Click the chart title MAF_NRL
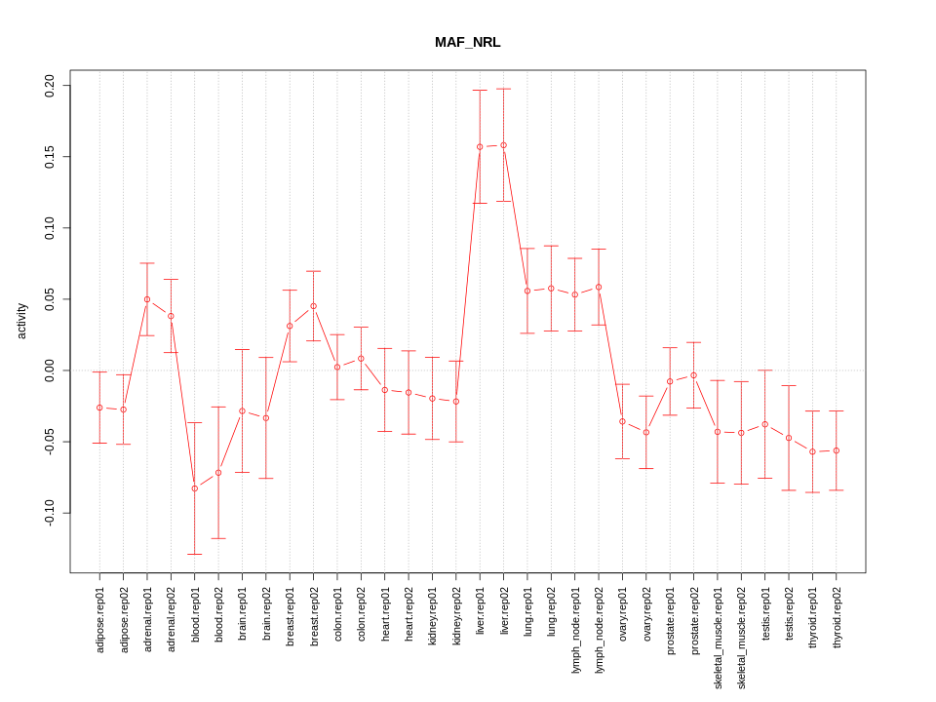[467, 43]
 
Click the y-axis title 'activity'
[22, 321]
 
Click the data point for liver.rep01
[480, 147]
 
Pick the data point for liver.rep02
[503, 145]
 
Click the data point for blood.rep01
[194, 488]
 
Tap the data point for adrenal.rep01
[147, 299]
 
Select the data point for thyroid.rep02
[836, 450]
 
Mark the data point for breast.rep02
[313, 306]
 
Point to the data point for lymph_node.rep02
[599, 288]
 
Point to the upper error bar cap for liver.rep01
[480, 91]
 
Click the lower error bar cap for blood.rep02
[218, 538]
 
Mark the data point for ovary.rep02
[645, 432]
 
